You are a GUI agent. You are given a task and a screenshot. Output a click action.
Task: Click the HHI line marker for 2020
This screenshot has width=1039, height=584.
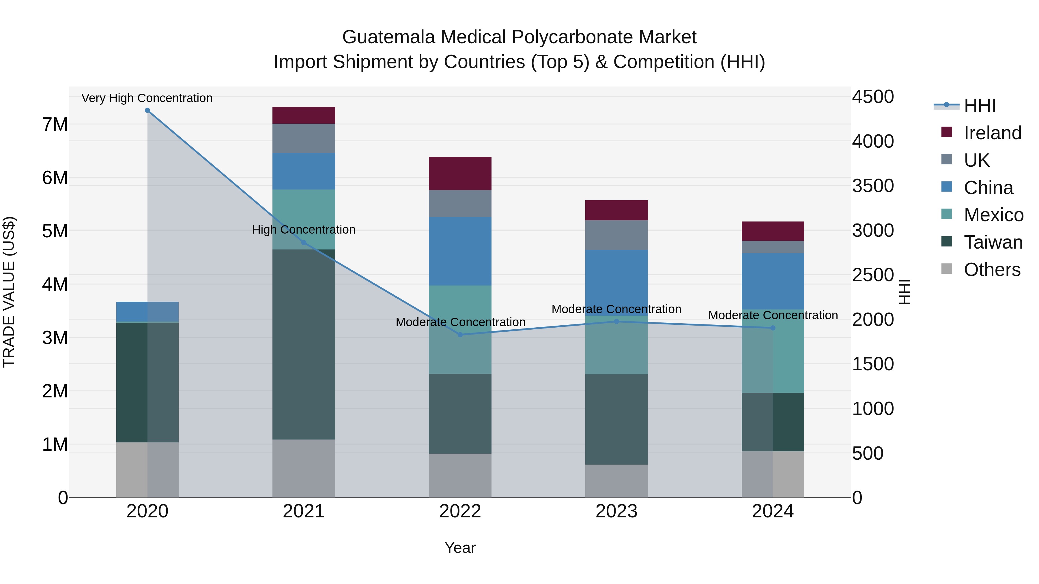tap(147, 110)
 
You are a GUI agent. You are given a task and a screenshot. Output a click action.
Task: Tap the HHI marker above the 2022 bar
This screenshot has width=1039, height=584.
tap(460, 335)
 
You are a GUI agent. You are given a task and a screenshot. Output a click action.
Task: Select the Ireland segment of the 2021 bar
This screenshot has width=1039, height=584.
tap(304, 115)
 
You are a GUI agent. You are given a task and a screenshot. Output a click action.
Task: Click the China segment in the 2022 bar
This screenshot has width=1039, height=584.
tap(460, 251)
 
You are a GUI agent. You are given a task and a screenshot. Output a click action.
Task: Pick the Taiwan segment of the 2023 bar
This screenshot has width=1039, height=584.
tap(616, 419)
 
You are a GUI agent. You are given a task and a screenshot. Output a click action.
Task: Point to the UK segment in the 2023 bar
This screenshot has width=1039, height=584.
tap(616, 235)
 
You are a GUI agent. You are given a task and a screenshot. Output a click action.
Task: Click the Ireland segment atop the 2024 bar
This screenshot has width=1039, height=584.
tap(773, 231)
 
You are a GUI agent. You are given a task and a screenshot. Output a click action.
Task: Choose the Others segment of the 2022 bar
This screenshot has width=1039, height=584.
tap(460, 476)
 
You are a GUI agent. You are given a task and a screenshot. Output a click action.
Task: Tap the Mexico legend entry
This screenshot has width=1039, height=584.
tap(993, 215)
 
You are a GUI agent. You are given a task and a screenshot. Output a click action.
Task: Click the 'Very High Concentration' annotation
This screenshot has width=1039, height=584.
tap(147, 98)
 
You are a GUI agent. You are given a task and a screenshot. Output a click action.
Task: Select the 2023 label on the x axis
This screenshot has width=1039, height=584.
tap(616, 511)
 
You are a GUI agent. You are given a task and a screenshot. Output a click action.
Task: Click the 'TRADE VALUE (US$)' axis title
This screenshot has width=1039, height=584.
tap(9, 292)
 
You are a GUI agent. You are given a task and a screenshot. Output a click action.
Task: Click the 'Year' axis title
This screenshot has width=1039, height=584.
tap(460, 548)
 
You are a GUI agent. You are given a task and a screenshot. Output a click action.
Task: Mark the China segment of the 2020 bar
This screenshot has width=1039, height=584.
tap(147, 311)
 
